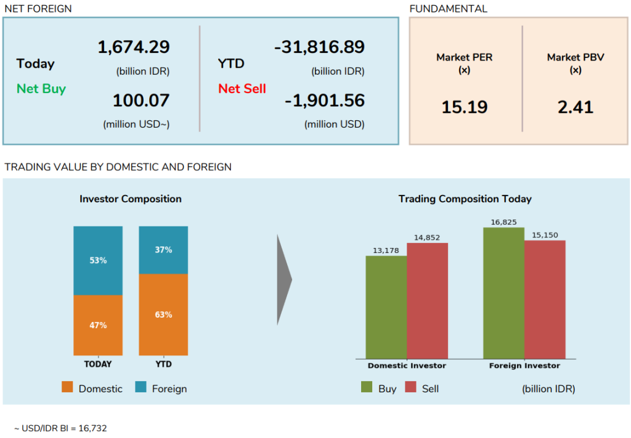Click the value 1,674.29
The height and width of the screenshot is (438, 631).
[x=134, y=47]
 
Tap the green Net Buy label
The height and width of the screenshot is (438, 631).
[x=41, y=89]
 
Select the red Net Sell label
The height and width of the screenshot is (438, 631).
[x=242, y=89]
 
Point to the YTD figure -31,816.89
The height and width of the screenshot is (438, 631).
[x=319, y=47]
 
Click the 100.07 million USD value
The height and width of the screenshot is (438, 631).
[x=141, y=100]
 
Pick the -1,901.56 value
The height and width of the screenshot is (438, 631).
[x=325, y=100]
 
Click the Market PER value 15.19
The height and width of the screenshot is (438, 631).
[x=464, y=107]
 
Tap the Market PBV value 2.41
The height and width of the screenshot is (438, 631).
[x=575, y=107]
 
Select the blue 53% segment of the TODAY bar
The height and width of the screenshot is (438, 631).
[x=98, y=260]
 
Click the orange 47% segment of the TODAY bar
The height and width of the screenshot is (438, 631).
[x=98, y=325]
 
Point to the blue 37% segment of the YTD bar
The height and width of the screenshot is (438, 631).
[x=163, y=250]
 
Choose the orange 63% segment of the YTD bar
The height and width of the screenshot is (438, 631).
[x=163, y=315]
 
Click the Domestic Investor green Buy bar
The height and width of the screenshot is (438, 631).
[x=386, y=307]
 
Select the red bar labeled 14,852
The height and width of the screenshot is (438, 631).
[x=427, y=300]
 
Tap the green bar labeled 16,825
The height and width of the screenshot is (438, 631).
[x=503, y=293]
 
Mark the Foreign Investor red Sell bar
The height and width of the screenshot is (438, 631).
[x=545, y=299]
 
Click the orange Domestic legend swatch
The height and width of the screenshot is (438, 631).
[x=68, y=388]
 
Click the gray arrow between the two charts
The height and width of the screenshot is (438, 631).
[x=283, y=279]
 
